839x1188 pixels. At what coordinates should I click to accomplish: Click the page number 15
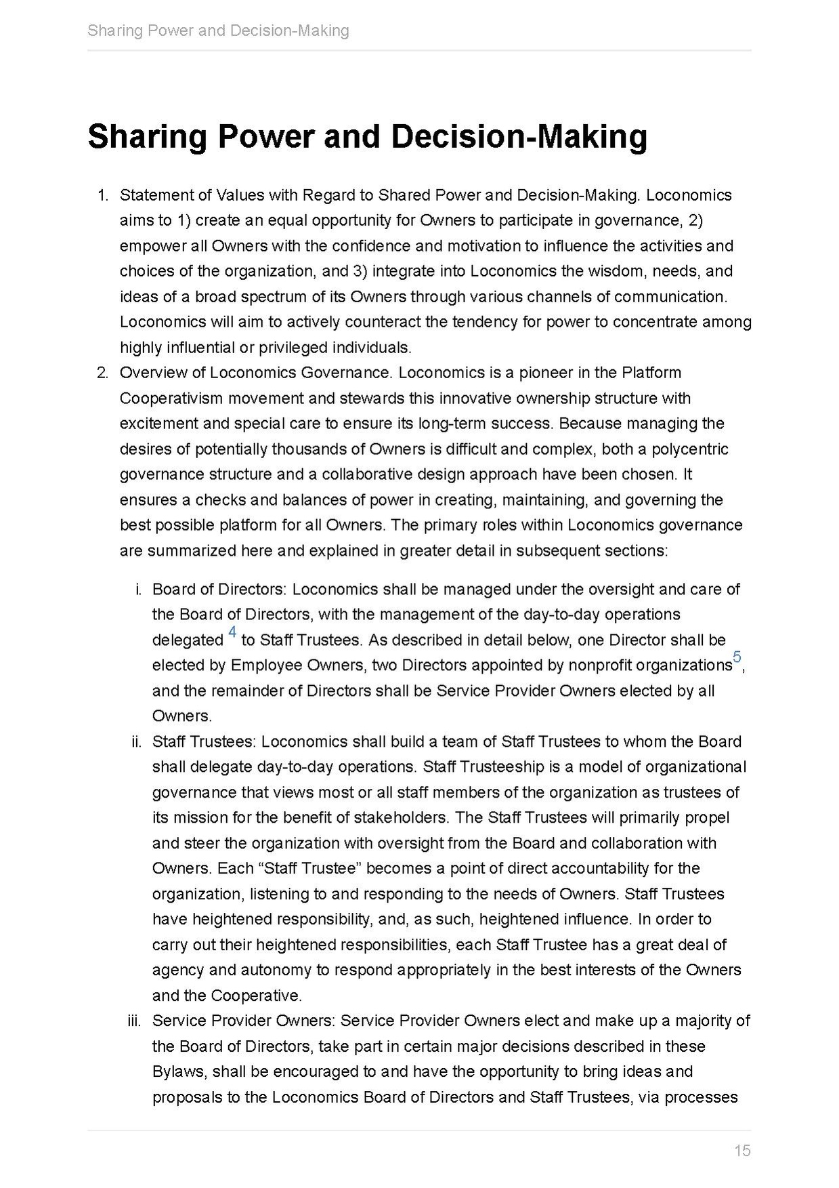click(742, 1150)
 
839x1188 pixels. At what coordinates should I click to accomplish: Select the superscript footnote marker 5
click(737, 657)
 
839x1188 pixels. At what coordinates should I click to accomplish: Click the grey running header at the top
click(218, 30)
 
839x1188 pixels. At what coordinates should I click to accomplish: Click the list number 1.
click(102, 195)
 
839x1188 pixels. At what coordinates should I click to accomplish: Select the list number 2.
click(102, 373)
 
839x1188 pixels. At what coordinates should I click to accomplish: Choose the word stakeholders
click(400, 817)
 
